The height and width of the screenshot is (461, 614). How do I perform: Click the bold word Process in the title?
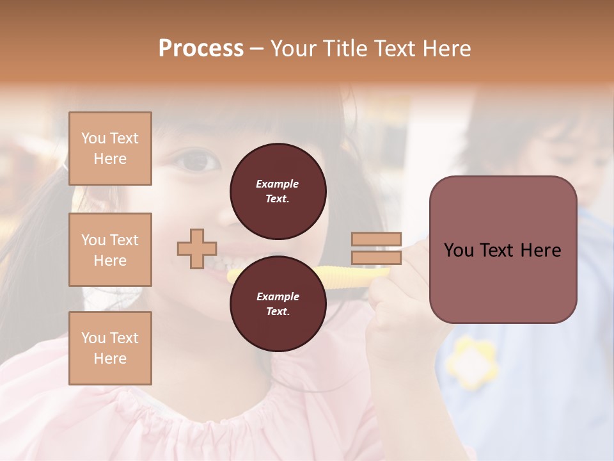pyautogui.click(x=201, y=49)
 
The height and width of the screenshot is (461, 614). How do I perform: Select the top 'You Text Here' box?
pyautogui.click(x=110, y=149)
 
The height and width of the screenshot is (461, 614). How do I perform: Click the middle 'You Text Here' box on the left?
pyautogui.click(x=110, y=250)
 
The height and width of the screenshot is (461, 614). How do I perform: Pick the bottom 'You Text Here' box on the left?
pyautogui.click(x=110, y=348)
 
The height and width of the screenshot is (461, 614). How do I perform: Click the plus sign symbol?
pyautogui.click(x=197, y=248)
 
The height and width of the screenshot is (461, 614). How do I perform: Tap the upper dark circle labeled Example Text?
pyautogui.click(x=278, y=191)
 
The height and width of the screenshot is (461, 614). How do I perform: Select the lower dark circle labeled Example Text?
pyautogui.click(x=278, y=304)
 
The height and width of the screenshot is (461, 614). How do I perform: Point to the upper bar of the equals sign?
pyautogui.click(x=376, y=239)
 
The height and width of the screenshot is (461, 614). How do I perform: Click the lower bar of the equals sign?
pyautogui.click(x=376, y=257)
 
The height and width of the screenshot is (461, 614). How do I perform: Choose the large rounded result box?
pyautogui.click(x=503, y=250)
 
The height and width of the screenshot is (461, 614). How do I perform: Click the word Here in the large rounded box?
pyautogui.click(x=540, y=250)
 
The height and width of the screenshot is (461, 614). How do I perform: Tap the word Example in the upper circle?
pyautogui.click(x=278, y=184)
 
